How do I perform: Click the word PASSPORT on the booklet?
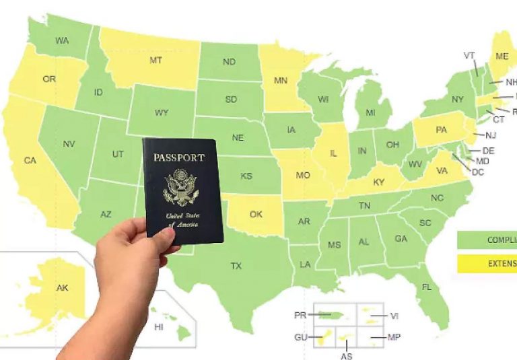(x=178, y=157)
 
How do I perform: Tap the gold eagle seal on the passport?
(x=180, y=187)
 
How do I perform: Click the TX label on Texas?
(x=236, y=266)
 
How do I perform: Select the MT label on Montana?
(x=156, y=60)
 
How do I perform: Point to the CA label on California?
(x=30, y=160)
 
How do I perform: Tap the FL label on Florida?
(x=426, y=287)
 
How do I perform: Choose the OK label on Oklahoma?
(x=256, y=214)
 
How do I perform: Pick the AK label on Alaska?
(x=62, y=287)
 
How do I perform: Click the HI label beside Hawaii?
(x=159, y=327)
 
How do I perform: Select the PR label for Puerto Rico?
(x=300, y=315)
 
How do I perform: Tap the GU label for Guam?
(x=300, y=336)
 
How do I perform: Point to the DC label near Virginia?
(x=478, y=172)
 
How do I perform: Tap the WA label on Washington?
(x=62, y=40)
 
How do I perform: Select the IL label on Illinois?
(x=333, y=153)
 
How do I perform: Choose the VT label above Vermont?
(x=470, y=55)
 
